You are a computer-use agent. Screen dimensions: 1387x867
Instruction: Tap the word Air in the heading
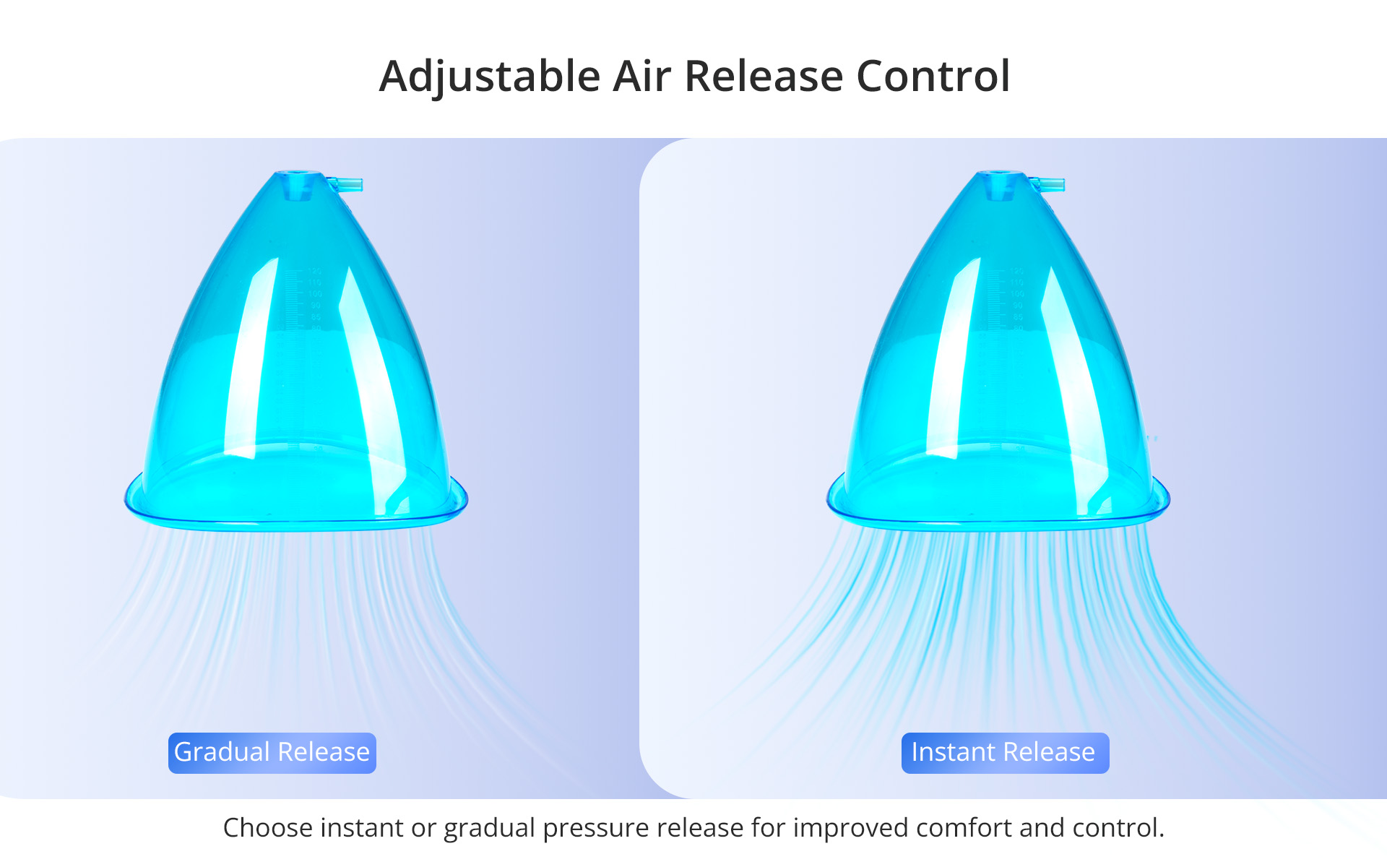point(642,76)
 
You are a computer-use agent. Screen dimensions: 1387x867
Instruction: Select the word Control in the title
point(933,76)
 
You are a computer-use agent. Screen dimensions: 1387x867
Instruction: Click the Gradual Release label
point(272,753)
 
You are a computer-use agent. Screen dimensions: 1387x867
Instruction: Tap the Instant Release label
point(1005,753)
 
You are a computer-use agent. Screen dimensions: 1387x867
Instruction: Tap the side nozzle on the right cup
point(1047,184)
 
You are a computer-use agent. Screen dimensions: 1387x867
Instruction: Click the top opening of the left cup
point(298,174)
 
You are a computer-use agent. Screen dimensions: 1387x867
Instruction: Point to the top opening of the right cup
point(1000,174)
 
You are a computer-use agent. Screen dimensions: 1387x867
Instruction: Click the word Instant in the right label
point(954,752)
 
